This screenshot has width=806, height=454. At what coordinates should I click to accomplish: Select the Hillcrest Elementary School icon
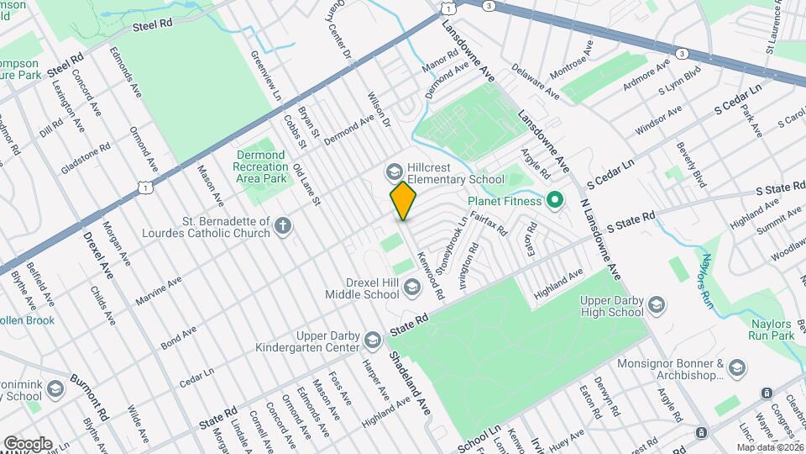pos(393,172)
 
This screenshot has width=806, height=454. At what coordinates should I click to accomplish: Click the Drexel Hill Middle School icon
pos(411,288)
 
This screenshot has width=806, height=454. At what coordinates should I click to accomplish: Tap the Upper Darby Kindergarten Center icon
pos(372,340)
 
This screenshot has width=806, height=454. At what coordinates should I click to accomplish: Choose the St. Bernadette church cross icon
pos(285,225)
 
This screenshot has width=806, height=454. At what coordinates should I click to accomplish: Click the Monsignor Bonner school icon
pos(736,367)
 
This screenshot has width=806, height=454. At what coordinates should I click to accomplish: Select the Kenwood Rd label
pos(434,277)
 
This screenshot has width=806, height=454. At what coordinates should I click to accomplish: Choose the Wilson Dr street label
pos(379,109)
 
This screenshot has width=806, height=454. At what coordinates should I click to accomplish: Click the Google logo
pos(28,443)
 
